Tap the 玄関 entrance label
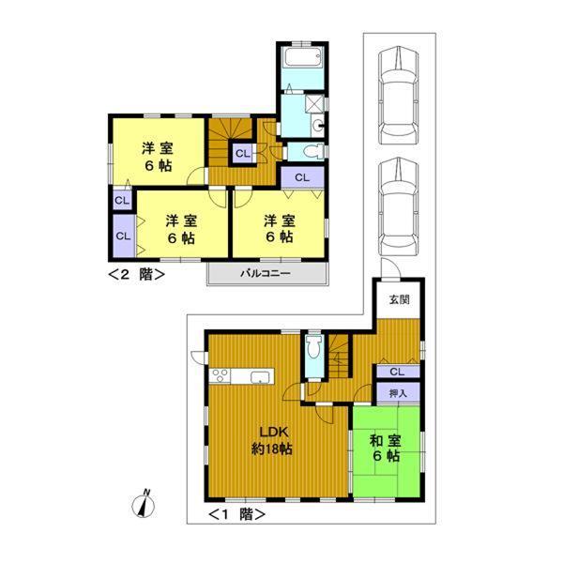coord(399,300)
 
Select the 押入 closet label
coord(397,393)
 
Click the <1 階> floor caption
coord(235,513)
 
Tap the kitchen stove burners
coord(221,377)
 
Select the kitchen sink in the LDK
coord(260,377)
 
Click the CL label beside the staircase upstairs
coord(242,153)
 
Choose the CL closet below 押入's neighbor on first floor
coord(397,372)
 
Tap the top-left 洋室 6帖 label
coord(157,156)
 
